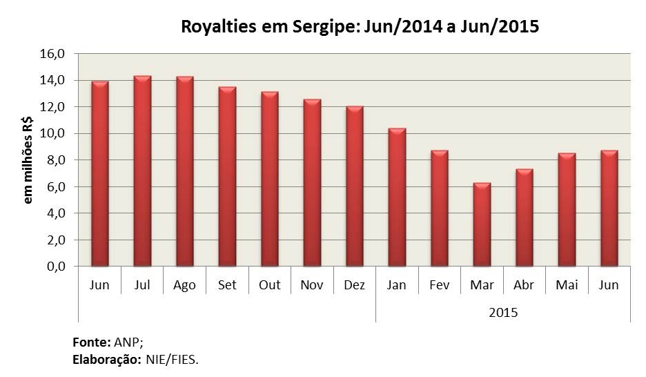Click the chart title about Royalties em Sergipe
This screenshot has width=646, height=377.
(x=359, y=27)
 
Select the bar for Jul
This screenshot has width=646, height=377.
(x=142, y=171)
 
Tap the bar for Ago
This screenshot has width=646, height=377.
(x=185, y=171)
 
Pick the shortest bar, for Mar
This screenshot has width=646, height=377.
(x=482, y=224)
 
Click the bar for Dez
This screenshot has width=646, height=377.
(x=355, y=186)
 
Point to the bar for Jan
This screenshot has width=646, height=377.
(x=397, y=197)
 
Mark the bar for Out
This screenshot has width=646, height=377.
(x=270, y=179)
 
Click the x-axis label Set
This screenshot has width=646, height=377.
(x=227, y=285)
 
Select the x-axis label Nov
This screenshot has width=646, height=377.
(x=312, y=285)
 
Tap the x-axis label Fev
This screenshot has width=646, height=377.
(x=439, y=285)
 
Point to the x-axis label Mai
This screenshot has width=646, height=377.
(x=567, y=285)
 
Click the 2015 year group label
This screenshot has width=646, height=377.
(x=502, y=312)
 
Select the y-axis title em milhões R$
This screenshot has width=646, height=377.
(x=29, y=159)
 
